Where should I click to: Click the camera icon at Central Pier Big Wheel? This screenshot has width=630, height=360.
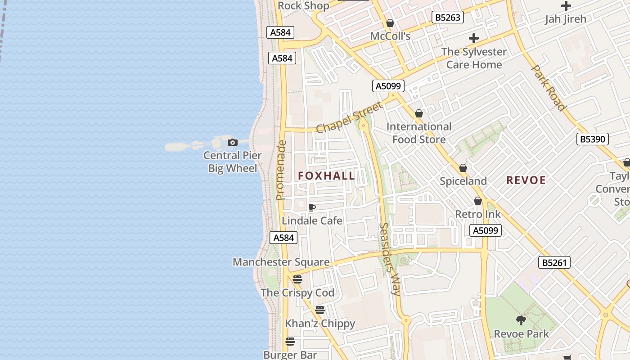click(233, 143)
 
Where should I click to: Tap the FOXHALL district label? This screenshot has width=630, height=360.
click(327, 176)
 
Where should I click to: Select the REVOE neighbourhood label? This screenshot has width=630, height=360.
click(526, 180)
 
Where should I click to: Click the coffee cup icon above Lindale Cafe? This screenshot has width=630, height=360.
click(311, 207)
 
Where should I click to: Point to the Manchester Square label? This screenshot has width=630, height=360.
click(281, 262)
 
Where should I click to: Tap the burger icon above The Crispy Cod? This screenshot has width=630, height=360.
click(297, 279)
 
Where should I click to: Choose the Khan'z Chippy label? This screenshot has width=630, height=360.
click(320, 324)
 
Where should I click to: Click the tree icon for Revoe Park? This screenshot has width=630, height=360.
click(521, 320)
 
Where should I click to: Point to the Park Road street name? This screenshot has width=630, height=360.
click(548, 88)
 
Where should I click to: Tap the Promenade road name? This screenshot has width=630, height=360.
click(281, 170)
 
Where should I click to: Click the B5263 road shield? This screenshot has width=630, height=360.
click(448, 17)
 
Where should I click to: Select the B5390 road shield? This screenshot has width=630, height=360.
click(593, 139)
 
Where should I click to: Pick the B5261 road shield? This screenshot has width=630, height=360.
click(554, 262)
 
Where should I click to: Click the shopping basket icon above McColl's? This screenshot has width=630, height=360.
click(390, 23)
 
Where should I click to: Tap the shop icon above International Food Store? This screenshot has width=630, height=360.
click(419, 113)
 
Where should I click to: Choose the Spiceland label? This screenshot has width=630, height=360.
click(463, 181)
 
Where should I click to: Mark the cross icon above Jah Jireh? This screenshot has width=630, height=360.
click(566, 6)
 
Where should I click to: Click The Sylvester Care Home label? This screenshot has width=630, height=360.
click(474, 58)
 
